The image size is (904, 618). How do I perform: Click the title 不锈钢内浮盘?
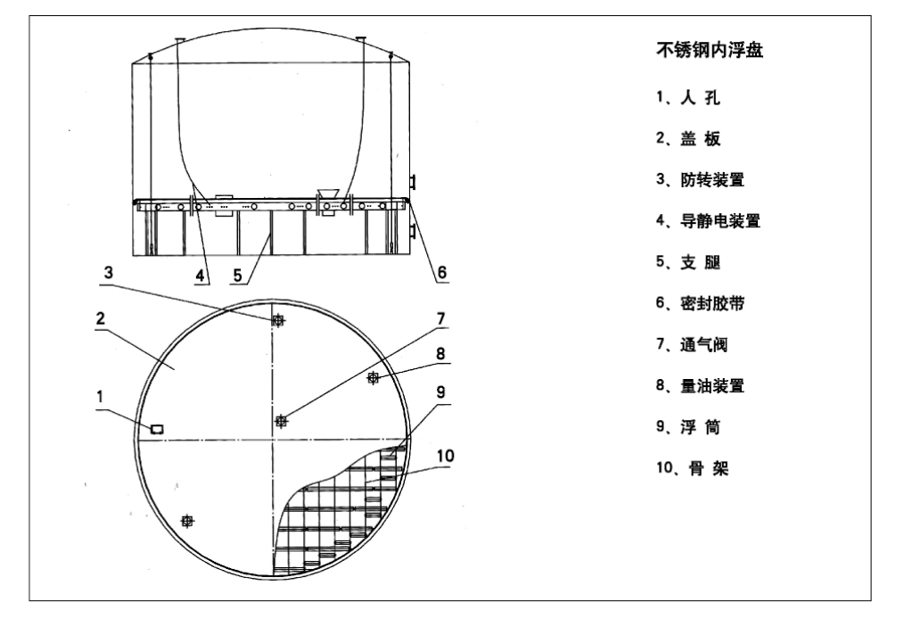click(710, 50)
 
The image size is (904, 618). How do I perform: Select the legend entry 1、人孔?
click(687, 97)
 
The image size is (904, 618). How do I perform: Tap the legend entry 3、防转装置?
click(700, 180)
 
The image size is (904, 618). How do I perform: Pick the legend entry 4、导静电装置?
click(708, 221)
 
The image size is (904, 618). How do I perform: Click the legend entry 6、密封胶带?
click(700, 303)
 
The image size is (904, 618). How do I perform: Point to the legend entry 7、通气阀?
click(692, 345)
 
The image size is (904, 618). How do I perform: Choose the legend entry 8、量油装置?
click(700, 385)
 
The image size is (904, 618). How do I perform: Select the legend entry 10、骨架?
click(692, 467)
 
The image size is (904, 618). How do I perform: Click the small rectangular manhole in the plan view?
click(157, 429)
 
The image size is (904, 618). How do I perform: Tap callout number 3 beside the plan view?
click(109, 273)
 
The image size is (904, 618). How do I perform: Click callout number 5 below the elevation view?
click(237, 276)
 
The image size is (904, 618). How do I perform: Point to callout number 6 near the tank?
click(441, 272)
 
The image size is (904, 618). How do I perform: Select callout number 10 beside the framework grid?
click(445, 456)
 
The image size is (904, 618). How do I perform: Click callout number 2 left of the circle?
click(101, 318)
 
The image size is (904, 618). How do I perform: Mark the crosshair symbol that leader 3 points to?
click(278, 320)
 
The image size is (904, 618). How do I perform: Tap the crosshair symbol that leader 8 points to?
click(374, 377)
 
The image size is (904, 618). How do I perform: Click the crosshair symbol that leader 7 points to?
click(281, 422)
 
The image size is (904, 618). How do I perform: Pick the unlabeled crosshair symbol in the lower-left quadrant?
click(187, 521)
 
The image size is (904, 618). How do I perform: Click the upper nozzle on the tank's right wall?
click(412, 182)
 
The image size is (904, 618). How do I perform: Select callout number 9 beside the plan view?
click(441, 392)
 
